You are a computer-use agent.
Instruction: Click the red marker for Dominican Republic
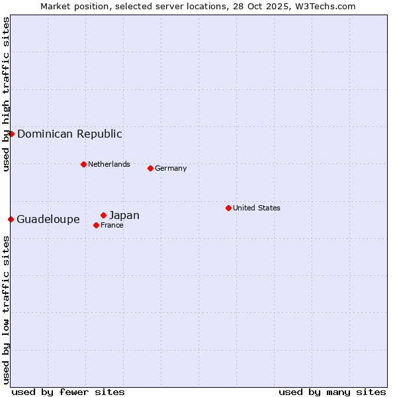[11, 134]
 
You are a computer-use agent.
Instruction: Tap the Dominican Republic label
[69, 134]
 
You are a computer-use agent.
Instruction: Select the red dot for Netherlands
[83, 164]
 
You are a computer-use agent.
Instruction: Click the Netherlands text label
[109, 164]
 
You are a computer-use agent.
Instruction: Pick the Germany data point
[150, 168]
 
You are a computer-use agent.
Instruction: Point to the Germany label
[171, 168]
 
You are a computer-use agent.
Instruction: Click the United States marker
[228, 208]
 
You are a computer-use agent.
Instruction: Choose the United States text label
[257, 208]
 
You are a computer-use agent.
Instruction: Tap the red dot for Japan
[103, 215]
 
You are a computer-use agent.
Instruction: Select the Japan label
[124, 215]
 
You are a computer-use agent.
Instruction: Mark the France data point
[96, 225]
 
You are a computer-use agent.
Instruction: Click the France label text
[112, 225]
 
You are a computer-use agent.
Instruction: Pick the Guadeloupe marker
[11, 219]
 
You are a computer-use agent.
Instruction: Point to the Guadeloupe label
[48, 219]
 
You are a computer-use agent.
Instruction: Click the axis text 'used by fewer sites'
[68, 392]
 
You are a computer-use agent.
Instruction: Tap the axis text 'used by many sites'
[332, 392]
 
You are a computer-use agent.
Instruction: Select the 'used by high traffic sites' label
[6, 94]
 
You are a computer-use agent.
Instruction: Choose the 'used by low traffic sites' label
[6, 309]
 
